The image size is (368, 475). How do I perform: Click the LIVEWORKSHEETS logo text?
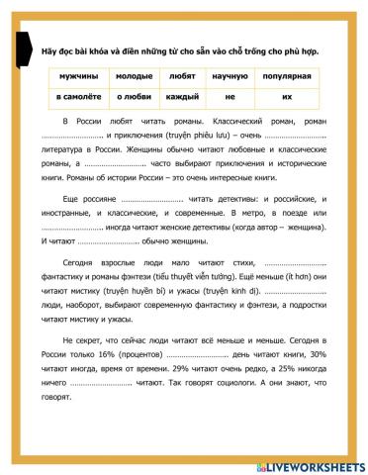pyautogui.click(x=318, y=463)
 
